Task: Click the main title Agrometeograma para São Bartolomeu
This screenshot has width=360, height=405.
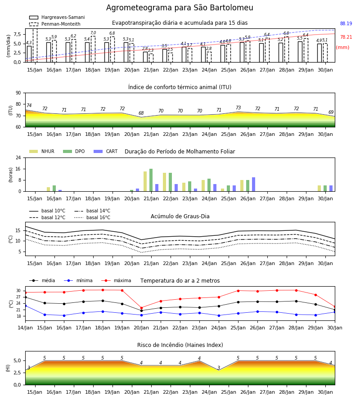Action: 180,8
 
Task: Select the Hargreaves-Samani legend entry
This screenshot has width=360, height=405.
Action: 57,17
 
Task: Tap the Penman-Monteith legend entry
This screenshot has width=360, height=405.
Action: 55,24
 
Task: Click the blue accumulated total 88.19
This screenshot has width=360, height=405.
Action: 346,23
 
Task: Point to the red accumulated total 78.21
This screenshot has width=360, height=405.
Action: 346,37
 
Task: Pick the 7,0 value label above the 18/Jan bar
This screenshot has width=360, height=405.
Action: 93,33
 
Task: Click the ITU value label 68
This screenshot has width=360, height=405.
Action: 141,113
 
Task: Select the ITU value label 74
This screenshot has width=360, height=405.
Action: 29,105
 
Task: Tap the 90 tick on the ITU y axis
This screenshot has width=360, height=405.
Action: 18,93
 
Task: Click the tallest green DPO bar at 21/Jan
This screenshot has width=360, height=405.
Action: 151,180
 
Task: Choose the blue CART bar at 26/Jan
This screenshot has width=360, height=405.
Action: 254,184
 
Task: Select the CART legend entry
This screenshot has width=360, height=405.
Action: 106,151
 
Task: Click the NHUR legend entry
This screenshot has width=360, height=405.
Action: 42,151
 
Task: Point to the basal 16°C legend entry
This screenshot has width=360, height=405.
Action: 92,217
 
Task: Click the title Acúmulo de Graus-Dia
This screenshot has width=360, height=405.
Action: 180,216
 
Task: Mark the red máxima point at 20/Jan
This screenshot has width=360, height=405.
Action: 141,308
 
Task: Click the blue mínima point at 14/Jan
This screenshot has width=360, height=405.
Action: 26,306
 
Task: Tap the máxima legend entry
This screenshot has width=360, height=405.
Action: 116,280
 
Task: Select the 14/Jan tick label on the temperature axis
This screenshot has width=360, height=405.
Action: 25,328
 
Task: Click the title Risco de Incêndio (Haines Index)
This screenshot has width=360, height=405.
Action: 180,345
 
